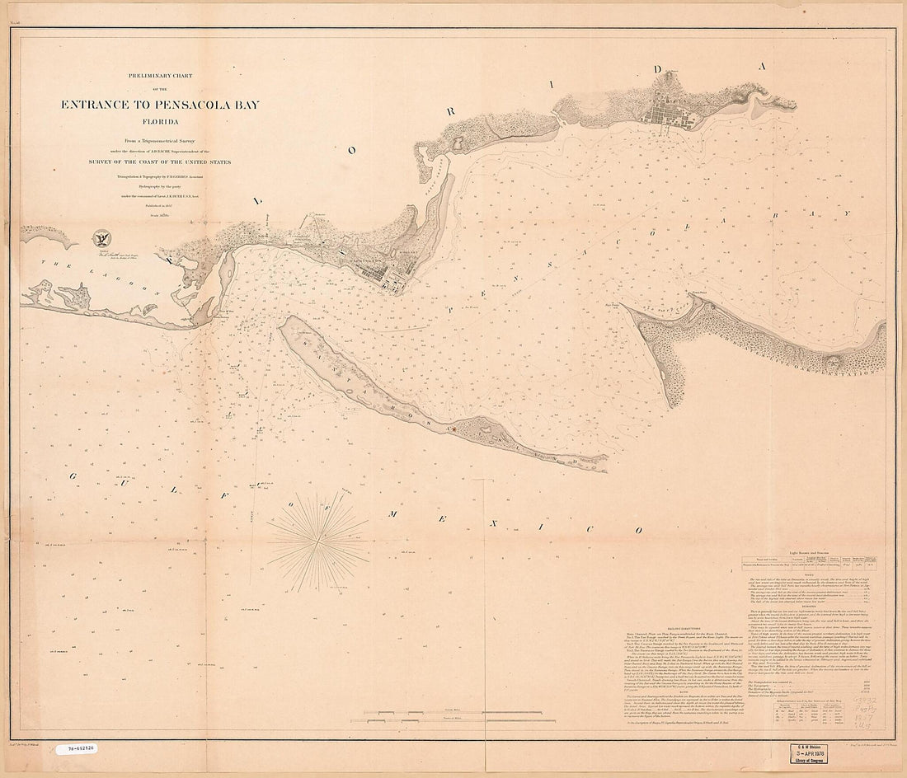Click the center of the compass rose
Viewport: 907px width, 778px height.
317,532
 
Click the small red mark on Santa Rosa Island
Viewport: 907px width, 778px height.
450,428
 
